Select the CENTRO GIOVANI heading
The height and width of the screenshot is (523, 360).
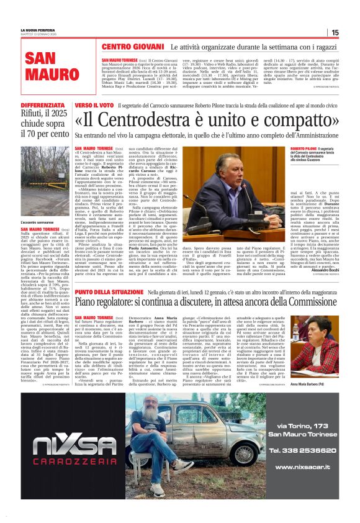[132, 47]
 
